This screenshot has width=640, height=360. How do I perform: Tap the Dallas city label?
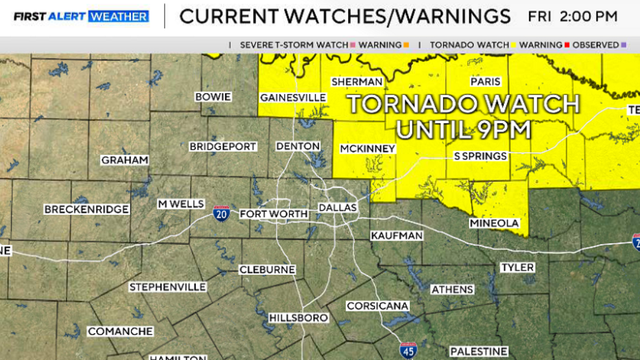[338, 207]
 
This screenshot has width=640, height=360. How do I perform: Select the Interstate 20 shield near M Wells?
[222, 213]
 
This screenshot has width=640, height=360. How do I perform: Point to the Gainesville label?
[292, 97]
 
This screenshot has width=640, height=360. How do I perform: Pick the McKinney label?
[368, 149]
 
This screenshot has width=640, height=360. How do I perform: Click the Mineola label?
[494, 223]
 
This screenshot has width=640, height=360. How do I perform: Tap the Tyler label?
[517, 267]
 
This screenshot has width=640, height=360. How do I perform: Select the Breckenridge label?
[86, 210]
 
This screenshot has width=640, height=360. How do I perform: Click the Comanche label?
[121, 331]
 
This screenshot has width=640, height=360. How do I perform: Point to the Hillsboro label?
[298, 318]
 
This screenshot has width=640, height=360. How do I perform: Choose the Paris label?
[485, 82]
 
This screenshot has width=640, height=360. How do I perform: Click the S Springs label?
[480, 156]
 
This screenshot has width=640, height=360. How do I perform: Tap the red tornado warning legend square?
[567, 45]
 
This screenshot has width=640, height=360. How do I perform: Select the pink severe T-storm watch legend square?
[353, 45]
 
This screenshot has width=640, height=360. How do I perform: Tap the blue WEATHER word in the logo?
[119, 16]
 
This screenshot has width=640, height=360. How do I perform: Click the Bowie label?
[213, 97]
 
